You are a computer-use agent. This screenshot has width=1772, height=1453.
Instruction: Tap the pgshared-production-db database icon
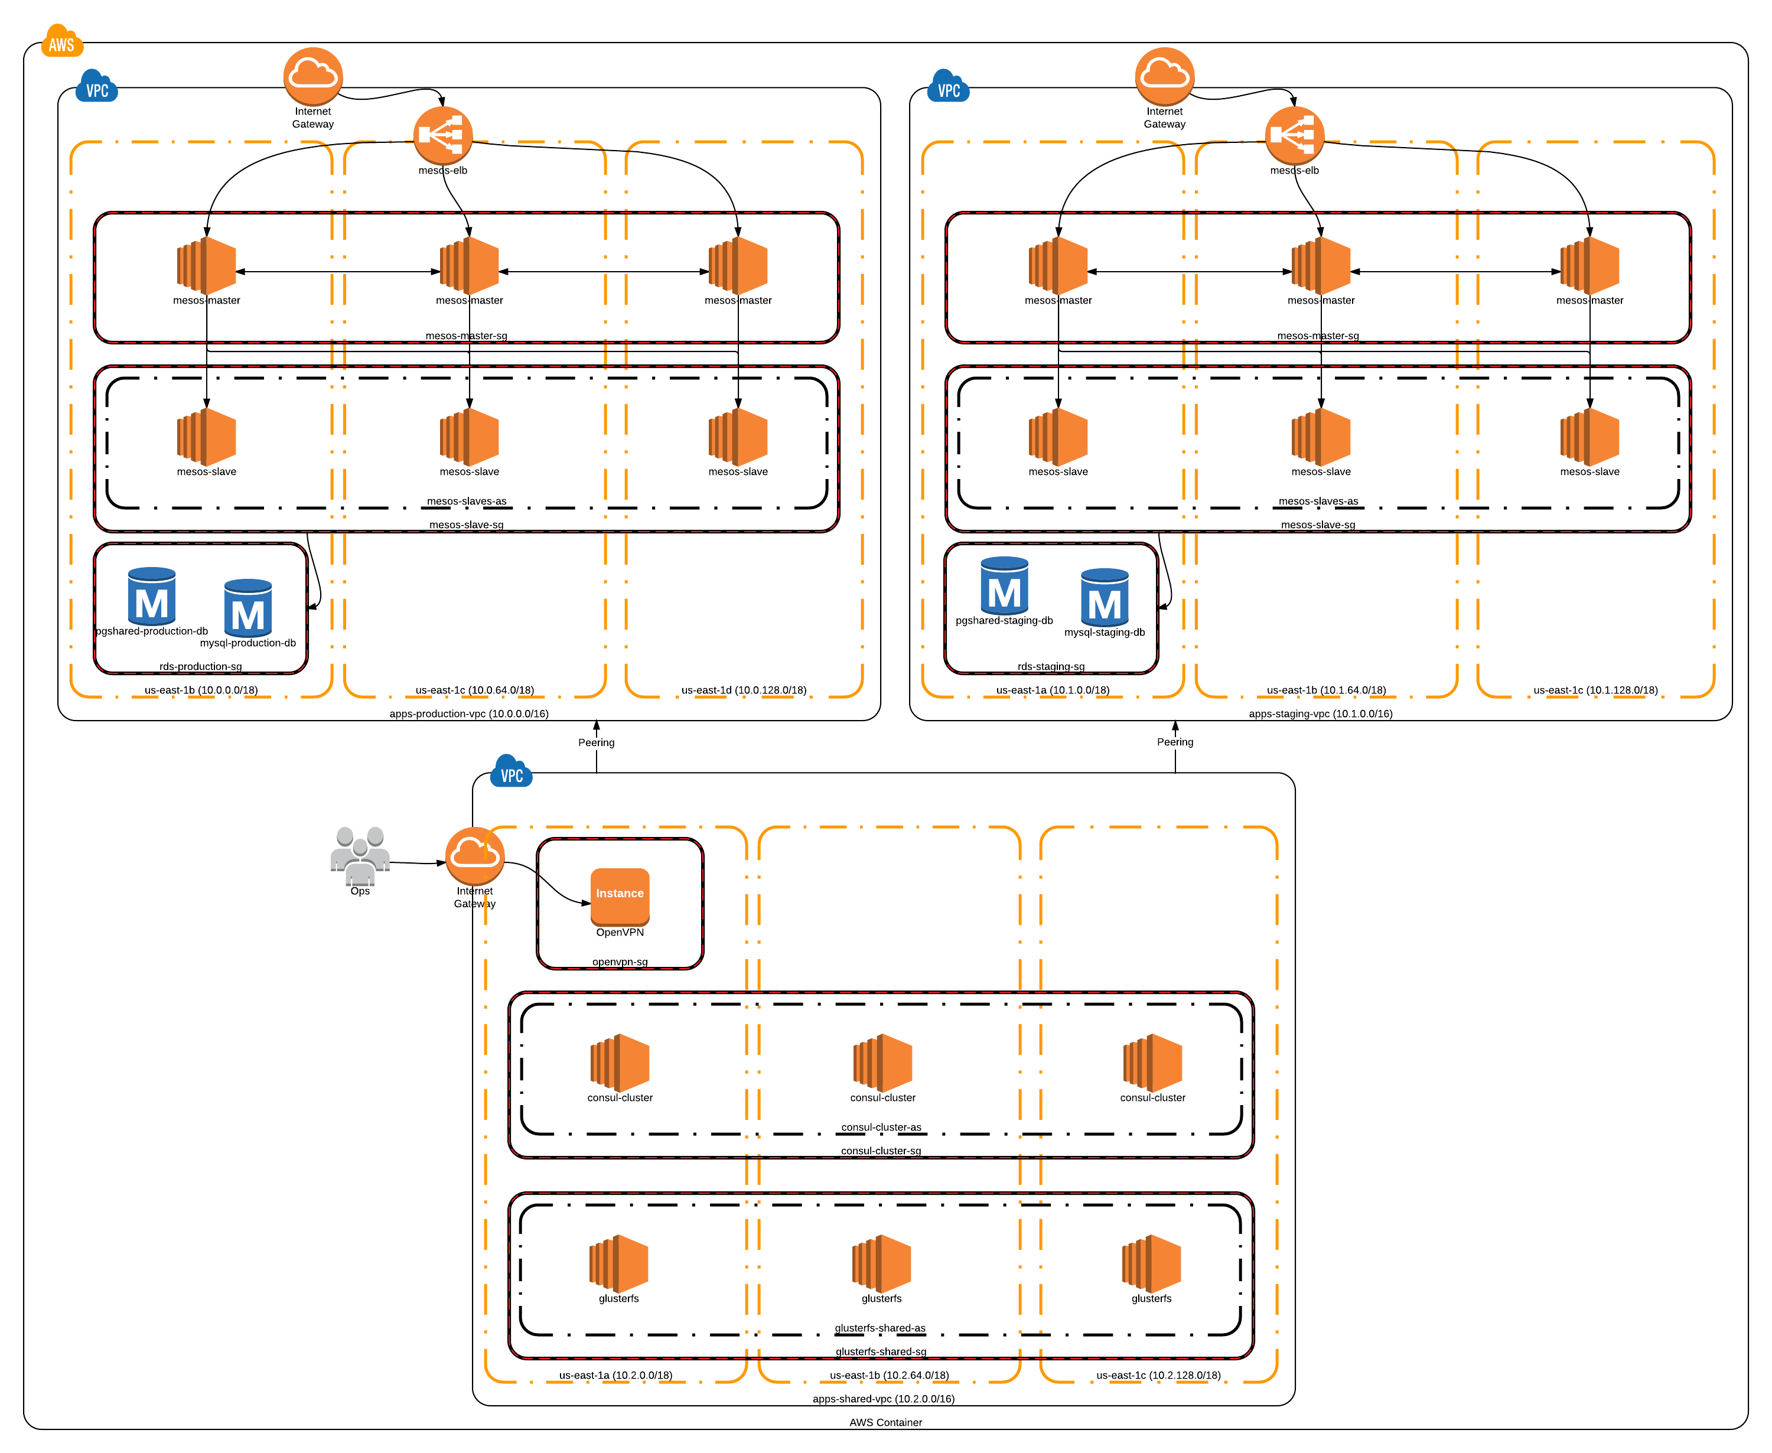click(151, 596)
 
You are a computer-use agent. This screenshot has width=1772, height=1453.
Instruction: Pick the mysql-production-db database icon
click(247, 608)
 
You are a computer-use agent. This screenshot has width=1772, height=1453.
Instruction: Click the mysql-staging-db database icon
click(1104, 597)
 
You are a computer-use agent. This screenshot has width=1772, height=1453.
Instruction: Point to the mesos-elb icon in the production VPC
click(443, 136)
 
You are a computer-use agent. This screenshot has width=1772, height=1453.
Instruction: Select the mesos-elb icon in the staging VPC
click(1294, 136)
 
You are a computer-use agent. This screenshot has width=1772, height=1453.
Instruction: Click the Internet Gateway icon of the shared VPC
click(474, 855)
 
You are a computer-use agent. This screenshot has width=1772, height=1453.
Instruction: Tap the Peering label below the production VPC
click(596, 742)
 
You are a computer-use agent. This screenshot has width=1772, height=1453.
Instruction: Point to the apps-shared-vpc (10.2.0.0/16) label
click(883, 1399)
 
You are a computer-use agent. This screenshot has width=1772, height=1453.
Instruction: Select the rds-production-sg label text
click(200, 666)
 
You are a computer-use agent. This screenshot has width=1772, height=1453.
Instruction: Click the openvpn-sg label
click(620, 962)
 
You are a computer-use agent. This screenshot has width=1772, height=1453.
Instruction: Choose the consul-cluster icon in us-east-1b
click(882, 1062)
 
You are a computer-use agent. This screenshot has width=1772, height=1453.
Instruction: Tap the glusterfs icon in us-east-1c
click(1151, 1263)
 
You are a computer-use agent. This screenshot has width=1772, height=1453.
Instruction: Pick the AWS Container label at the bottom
click(885, 1422)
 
